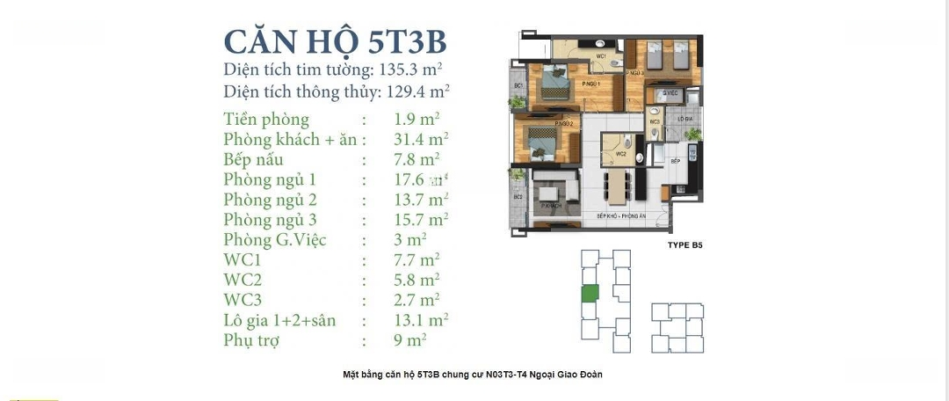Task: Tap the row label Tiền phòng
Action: (266, 120)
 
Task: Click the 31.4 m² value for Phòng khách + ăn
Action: (422, 140)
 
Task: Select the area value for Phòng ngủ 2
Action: (422, 200)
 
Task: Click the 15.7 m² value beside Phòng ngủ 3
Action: (422, 220)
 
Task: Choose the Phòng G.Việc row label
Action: (275, 240)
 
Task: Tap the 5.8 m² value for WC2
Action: (417, 281)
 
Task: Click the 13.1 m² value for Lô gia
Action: (422, 320)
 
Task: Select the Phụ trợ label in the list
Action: (251, 340)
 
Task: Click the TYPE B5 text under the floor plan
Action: (685, 246)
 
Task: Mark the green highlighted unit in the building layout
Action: (591, 295)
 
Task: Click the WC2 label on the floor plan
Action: (620, 154)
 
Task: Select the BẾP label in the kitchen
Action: (675, 162)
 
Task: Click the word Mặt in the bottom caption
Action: (352, 375)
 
